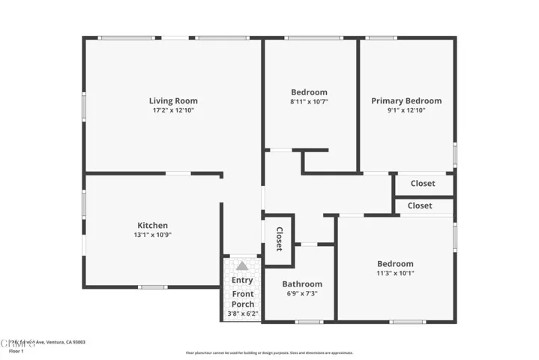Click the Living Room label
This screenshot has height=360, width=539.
173,100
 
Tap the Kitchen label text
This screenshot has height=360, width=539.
152,225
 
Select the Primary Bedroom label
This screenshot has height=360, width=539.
406,100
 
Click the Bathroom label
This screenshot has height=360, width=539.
302,284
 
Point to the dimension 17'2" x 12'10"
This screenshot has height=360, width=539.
173,111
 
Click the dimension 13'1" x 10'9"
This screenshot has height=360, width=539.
152,235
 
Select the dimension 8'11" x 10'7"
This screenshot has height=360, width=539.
310,101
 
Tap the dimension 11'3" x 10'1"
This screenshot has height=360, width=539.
395,273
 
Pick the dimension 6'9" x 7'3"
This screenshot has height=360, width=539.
302,293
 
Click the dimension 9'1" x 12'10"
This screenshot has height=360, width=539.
406,110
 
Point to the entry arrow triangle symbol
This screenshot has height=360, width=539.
242,265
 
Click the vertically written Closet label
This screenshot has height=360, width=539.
279,238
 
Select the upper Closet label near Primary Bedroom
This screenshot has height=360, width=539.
423,183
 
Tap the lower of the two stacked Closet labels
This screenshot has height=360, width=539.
420,205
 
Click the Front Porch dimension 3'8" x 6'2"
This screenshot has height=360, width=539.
243,313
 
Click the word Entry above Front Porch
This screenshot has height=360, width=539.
242,280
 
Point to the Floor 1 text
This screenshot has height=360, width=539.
16,350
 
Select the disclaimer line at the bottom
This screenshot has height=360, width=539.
269,352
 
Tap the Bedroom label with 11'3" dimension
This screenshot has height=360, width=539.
395,263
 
